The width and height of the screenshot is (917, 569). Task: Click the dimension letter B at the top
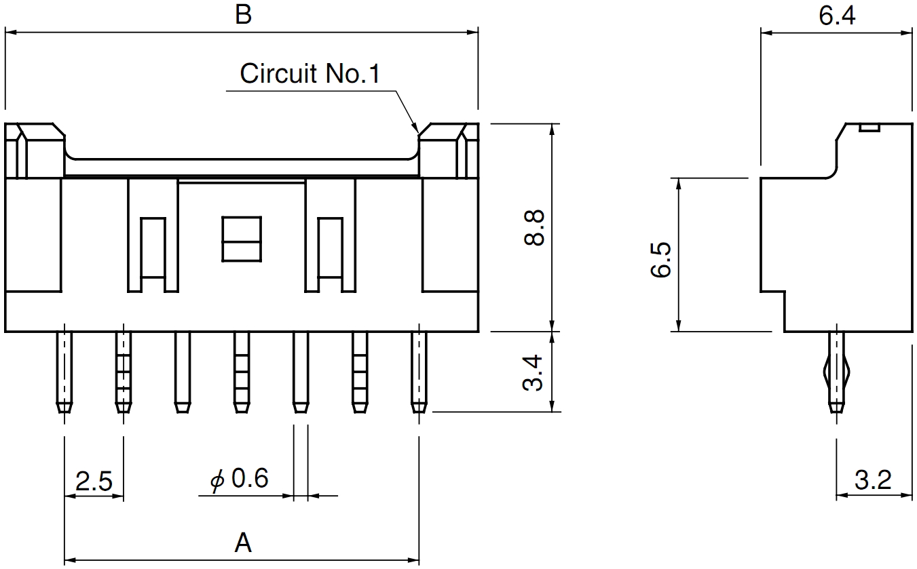pos(243,15)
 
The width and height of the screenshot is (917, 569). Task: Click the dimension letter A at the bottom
pos(243,543)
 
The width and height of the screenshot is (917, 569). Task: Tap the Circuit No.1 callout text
pos(310,74)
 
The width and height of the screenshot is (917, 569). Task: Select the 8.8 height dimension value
pos(534,227)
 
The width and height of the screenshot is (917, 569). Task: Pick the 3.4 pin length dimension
pos(533,372)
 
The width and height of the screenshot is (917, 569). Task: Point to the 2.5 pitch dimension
pos(94,481)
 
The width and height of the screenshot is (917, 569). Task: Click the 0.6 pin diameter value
pos(250,477)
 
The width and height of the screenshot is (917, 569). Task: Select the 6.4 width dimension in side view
pos(837,16)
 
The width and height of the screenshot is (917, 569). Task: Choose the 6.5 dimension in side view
pos(660,259)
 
